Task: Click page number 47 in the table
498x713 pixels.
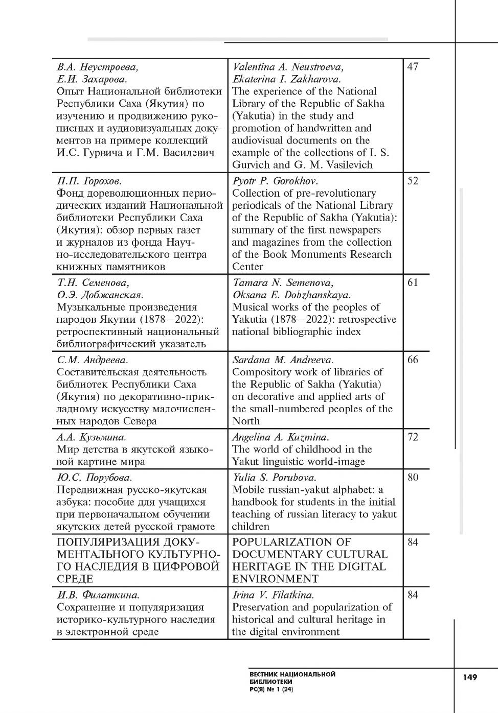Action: point(413,67)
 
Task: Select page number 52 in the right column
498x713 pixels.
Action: point(413,181)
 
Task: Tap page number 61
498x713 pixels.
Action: point(413,282)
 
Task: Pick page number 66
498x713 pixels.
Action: point(413,360)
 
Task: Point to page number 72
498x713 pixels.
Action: point(413,437)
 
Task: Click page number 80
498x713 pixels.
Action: point(413,478)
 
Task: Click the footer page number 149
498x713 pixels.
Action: point(469,677)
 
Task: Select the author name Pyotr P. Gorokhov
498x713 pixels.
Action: point(275,181)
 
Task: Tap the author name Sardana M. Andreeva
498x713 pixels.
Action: point(283,360)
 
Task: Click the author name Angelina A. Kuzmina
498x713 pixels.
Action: point(281,437)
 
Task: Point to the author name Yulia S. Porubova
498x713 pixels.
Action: point(274,478)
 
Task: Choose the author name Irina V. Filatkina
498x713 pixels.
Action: point(273,595)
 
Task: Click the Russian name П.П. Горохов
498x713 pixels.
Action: point(89,181)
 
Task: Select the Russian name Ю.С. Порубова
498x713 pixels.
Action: point(94,478)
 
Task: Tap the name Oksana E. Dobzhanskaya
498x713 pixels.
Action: point(291,295)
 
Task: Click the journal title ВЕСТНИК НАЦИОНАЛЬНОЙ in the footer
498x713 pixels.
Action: point(292,674)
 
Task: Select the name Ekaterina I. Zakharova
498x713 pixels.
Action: point(286,79)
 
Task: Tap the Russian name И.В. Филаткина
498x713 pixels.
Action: point(98,595)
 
